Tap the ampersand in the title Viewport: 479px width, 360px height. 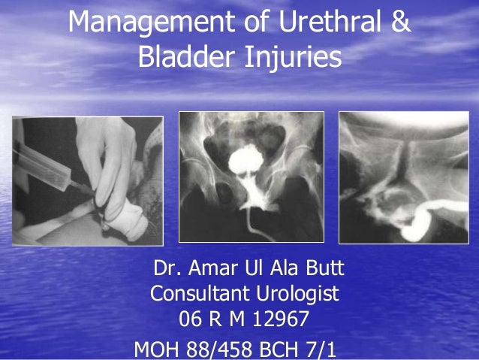click(402, 23)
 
